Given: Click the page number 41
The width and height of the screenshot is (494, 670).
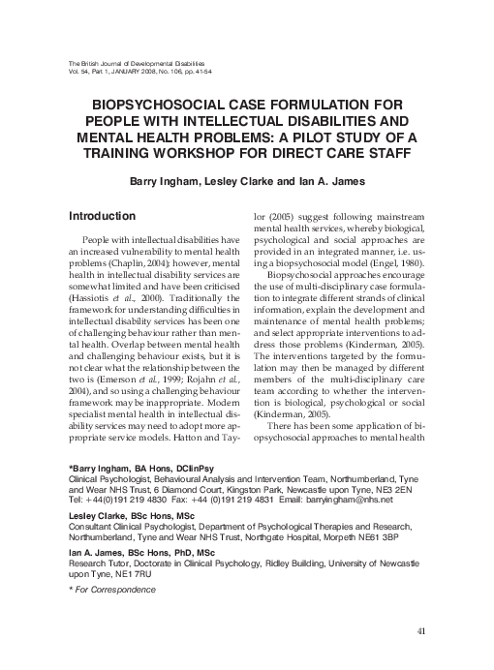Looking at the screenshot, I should (420, 632).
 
